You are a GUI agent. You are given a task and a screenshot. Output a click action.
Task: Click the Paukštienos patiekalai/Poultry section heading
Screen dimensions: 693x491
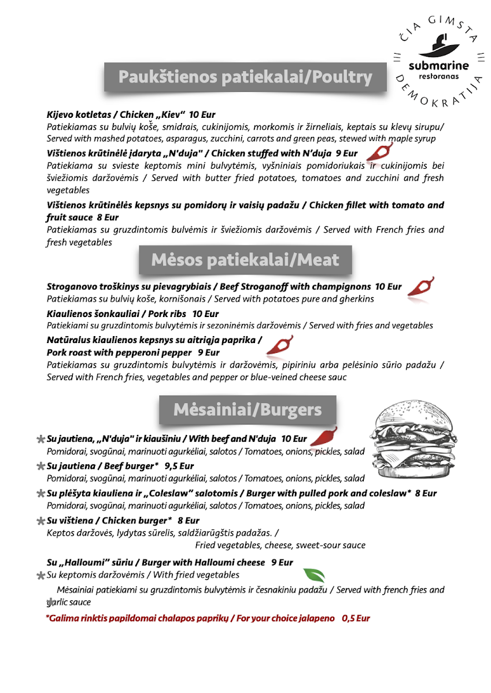[x=245, y=77]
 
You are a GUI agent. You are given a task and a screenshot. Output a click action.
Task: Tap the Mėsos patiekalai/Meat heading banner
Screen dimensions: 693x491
[x=245, y=260]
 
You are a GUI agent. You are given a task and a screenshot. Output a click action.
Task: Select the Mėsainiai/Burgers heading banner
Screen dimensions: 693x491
[x=247, y=410]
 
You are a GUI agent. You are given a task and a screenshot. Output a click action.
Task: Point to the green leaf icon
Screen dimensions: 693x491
[x=314, y=575]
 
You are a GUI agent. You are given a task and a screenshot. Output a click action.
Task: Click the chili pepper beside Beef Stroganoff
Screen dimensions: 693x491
[x=421, y=286]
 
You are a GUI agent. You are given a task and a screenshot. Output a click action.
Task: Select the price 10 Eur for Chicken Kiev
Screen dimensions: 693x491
[x=202, y=114]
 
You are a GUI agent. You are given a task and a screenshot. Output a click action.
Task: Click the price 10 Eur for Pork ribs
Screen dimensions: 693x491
[x=205, y=314]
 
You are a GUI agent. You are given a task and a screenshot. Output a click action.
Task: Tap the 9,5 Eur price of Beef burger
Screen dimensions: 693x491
[x=179, y=466]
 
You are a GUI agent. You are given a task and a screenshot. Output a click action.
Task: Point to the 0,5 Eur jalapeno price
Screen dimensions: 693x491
[x=355, y=618]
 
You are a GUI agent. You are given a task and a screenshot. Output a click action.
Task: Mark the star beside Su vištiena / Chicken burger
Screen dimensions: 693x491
[x=40, y=521]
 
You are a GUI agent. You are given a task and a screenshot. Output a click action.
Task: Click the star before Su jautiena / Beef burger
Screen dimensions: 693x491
[x=40, y=466]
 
